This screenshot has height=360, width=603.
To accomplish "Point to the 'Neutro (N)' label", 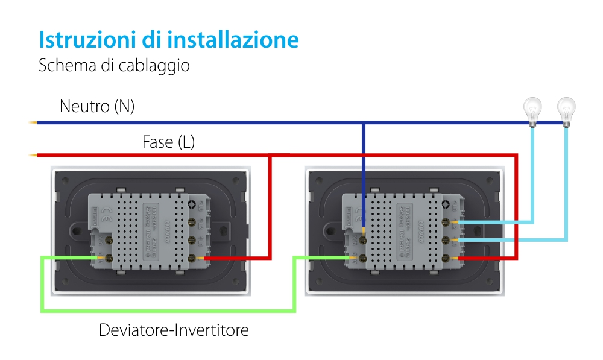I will [x=97, y=107].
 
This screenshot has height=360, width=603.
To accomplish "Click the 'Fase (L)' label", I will [x=168, y=142].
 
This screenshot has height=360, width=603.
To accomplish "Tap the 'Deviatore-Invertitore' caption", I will [x=174, y=330].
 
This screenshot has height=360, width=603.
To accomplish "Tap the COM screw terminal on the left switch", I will [x=110, y=258].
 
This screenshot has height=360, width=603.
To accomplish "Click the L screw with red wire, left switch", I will [x=193, y=258].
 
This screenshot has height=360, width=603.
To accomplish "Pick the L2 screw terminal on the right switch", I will [x=447, y=223].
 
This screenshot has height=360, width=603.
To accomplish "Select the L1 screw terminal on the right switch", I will [x=447, y=241].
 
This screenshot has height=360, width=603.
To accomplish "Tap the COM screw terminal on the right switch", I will [x=364, y=258].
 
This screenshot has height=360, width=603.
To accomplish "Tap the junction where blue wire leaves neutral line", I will [x=363, y=123].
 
